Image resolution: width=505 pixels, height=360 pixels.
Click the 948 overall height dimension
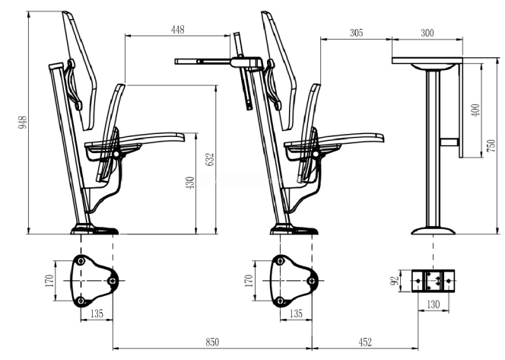point(22,122)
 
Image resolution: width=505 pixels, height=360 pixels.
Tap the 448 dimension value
point(178,30)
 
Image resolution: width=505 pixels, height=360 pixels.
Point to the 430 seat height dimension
point(190,183)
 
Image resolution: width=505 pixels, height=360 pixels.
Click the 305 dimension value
point(356,33)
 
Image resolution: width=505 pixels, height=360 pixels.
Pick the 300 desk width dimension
point(427,33)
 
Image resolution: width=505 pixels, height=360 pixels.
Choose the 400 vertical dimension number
point(476,110)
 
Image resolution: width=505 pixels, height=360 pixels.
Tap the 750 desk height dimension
point(491,145)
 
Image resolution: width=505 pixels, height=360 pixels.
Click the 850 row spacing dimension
point(212,342)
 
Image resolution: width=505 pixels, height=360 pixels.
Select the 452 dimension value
point(365,342)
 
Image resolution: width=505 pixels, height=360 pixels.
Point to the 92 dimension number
point(394,281)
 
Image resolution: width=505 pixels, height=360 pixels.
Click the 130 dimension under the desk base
point(433,304)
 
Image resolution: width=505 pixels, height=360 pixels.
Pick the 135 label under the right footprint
point(296,313)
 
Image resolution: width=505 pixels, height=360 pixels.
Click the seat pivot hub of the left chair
point(116,155)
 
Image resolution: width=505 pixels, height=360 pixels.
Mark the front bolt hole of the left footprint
point(112,281)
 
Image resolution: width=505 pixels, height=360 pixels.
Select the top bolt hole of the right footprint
point(280,260)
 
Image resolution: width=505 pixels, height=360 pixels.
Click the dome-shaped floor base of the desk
point(434,231)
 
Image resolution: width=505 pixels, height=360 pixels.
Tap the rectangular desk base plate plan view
point(434,281)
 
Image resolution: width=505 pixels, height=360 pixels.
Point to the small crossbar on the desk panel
point(449,142)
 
